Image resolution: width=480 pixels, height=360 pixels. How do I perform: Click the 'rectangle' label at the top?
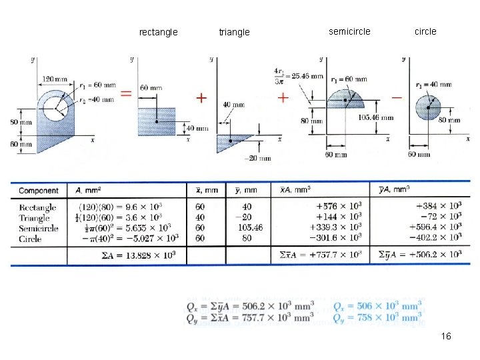(x=158, y=32)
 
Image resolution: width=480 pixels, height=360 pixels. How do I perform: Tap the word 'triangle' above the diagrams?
(x=234, y=32)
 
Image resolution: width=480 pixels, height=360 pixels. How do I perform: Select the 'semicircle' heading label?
(x=349, y=31)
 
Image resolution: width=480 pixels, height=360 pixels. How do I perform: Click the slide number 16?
(x=446, y=336)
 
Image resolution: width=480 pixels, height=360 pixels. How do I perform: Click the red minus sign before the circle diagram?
(x=397, y=97)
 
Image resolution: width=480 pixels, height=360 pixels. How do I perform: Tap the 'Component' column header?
(x=39, y=191)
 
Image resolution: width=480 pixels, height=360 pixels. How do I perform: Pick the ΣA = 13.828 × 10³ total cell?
(x=127, y=255)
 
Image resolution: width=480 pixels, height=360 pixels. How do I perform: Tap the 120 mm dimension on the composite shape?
(x=55, y=79)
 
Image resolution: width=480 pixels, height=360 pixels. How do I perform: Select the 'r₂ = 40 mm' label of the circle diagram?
(x=433, y=85)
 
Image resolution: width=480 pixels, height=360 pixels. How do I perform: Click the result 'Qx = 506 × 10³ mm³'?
(x=377, y=306)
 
